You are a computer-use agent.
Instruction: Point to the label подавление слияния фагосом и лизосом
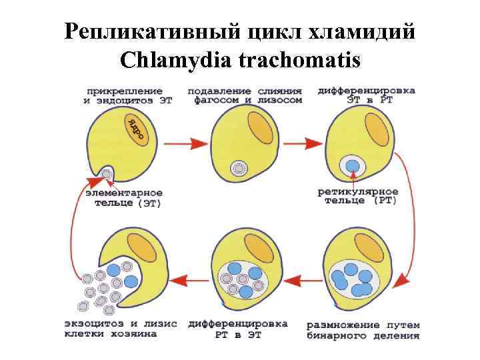point(245,95)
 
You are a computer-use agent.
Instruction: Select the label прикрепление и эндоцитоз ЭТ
point(122,95)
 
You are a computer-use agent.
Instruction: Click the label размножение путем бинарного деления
point(363,330)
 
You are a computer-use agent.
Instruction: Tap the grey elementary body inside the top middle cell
point(238,169)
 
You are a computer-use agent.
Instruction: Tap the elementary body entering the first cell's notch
point(107,175)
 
